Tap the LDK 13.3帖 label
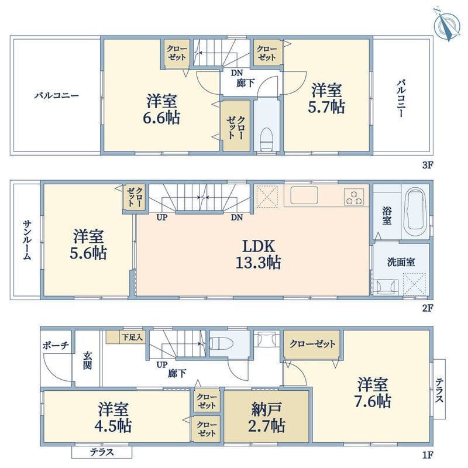258,254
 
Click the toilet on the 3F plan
267,140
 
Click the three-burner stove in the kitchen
354,197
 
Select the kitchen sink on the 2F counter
304,195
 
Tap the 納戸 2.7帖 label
267,417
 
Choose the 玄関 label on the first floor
87,360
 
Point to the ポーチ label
56,346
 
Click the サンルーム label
27,240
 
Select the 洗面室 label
401,262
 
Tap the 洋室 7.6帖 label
373,393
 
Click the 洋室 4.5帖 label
113,417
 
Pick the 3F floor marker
428,165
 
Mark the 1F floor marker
428,455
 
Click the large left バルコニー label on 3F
56,96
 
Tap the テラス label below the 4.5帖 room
102,452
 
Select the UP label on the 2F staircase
162,218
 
